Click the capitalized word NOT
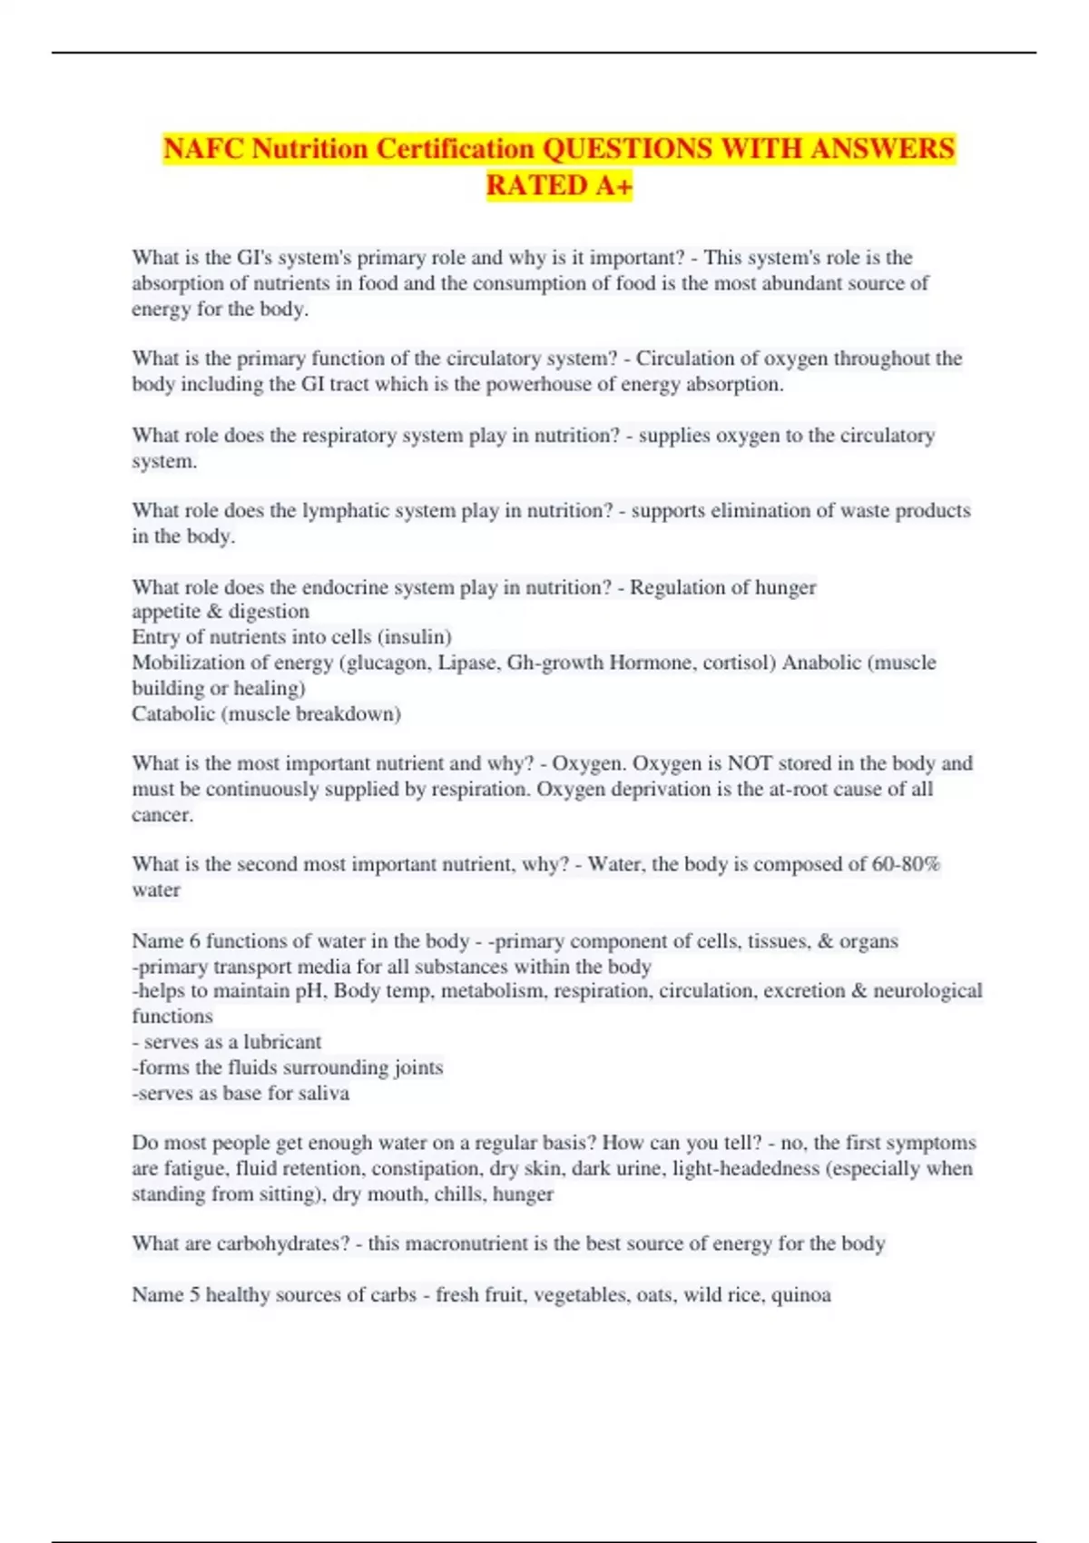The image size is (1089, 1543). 749,762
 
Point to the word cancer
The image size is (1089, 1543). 161,814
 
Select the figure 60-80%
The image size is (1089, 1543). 906,863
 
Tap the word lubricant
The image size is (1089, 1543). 282,1041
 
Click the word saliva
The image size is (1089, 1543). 323,1093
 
